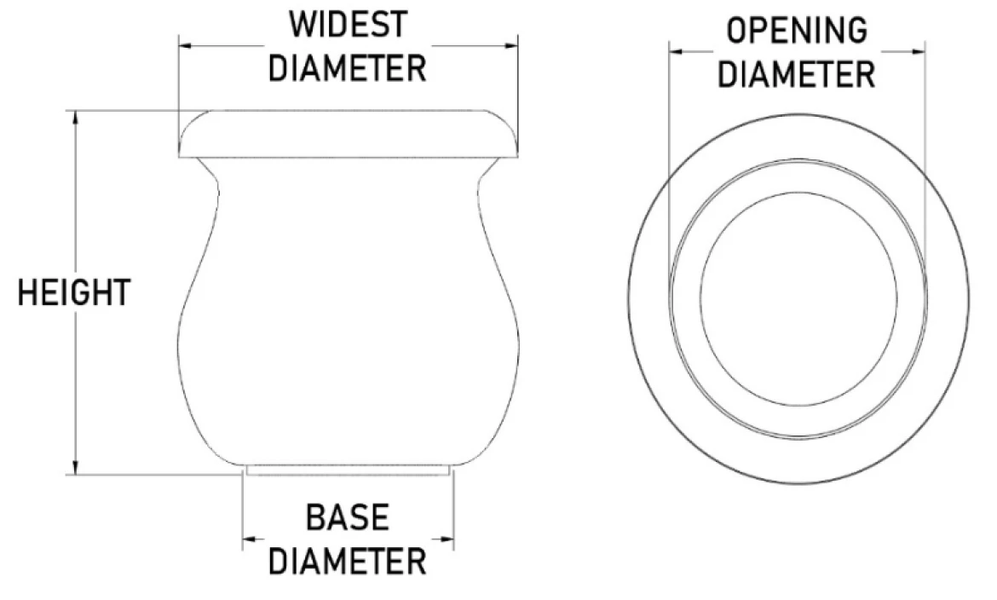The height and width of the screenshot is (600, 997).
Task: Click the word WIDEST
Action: [x=348, y=25]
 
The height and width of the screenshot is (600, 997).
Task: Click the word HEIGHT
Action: [x=74, y=292]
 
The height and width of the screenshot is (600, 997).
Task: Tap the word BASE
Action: [x=347, y=517]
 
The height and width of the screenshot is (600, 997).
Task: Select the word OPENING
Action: [x=797, y=30]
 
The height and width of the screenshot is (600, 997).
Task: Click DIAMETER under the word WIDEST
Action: [x=347, y=67]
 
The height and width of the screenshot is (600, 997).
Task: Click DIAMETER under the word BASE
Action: [x=347, y=561]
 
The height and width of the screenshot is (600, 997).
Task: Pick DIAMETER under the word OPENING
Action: [x=796, y=74]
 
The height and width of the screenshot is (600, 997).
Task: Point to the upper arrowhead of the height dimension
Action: [x=76, y=117]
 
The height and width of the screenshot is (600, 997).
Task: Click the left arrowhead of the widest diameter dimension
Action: [x=187, y=46]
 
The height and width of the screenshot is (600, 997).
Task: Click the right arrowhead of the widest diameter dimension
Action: [x=511, y=46]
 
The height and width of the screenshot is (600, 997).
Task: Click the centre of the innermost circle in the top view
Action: [x=799, y=298]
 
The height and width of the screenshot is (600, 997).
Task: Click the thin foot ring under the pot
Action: [x=349, y=470]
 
